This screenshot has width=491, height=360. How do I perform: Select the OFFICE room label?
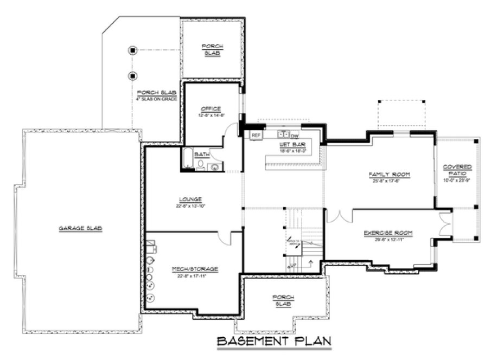(x=211, y=108)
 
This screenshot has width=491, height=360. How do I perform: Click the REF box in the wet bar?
(x=256, y=135)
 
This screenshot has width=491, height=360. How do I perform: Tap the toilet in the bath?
(x=201, y=165)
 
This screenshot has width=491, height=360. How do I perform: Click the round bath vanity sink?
(x=215, y=166)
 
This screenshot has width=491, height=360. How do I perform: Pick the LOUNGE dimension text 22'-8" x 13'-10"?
(x=190, y=206)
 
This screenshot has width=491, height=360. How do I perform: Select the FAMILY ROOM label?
(x=389, y=174)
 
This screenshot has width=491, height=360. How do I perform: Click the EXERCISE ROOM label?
(x=388, y=233)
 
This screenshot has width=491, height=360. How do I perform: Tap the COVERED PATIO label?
(x=457, y=170)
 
